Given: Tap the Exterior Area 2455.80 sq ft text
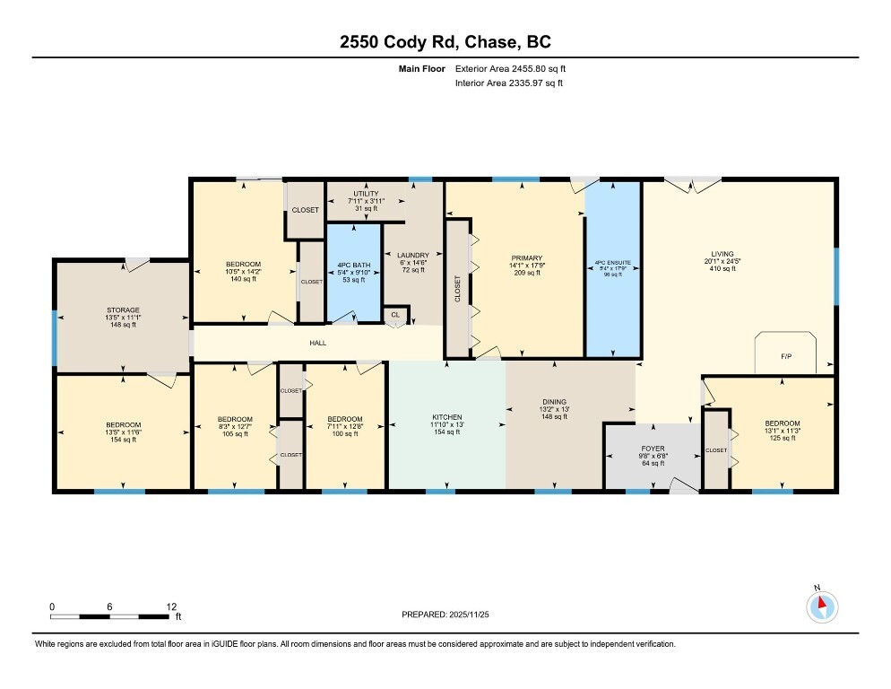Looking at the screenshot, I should coord(511,68).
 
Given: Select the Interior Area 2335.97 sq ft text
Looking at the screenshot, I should coord(509,83).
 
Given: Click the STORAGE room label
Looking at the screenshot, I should coord(123,310).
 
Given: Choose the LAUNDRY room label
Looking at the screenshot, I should coord(413,255).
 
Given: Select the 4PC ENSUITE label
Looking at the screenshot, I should coord(613,264).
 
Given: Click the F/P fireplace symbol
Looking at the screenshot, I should coord(786,355).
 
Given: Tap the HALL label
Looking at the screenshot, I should coord(318,343).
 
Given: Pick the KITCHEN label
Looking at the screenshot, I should coord(446,418).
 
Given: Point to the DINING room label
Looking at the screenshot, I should coord(554,402).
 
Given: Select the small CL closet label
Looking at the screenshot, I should coord(395,315).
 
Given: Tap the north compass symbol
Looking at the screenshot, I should coord(821,607).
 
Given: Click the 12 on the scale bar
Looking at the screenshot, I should coord(171,606).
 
